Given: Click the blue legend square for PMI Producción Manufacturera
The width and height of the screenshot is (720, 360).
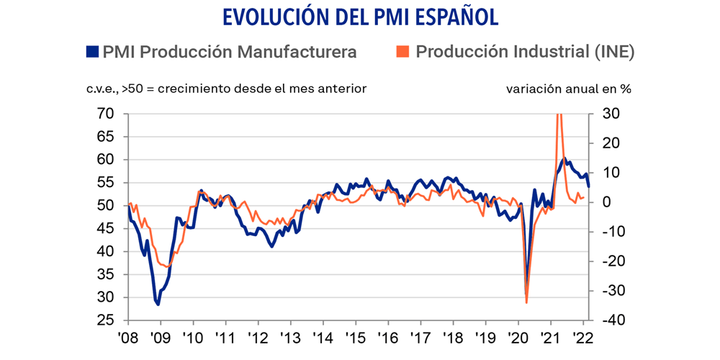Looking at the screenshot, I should tap(92, 52).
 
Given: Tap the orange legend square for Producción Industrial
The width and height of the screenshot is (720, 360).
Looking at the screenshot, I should tap(402, 52).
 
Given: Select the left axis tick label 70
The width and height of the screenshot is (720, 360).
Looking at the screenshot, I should tap(105, 114).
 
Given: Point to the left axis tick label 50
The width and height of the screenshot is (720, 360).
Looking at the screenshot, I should tap(105, 206).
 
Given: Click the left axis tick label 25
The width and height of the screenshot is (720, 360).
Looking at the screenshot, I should tap(105, 320).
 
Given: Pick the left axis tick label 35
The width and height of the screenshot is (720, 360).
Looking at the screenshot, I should tap(105, 274).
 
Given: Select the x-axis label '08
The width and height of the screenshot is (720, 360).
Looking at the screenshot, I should tap(128, 338).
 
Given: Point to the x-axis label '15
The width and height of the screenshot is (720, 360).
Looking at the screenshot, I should tap(355, 338).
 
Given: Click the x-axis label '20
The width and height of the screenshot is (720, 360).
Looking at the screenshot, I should tap(517, 338).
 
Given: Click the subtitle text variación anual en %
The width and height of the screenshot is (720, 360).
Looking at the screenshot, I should tap(569, 89).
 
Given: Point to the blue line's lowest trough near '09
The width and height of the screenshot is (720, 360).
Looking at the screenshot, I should tap(158, 305).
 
